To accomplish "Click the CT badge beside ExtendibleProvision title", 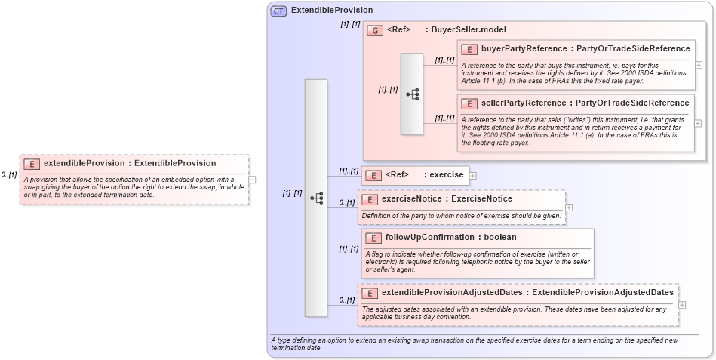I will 278,11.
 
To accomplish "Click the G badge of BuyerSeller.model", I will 375,30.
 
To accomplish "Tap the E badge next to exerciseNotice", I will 370,199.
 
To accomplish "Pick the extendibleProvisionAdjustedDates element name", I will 454,293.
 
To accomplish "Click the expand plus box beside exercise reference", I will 473,175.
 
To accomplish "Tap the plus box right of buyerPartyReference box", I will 699,65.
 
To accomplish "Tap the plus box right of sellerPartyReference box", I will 699,123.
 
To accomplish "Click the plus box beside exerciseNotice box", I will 569,207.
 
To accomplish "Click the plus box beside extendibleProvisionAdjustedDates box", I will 683,305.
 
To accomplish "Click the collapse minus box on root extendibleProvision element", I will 253,180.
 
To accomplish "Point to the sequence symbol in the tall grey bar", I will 316,198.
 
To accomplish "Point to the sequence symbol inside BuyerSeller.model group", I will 412,94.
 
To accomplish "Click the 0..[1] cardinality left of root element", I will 9,175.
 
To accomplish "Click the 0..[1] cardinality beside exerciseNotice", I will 347,202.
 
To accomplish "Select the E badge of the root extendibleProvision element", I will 32,163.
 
